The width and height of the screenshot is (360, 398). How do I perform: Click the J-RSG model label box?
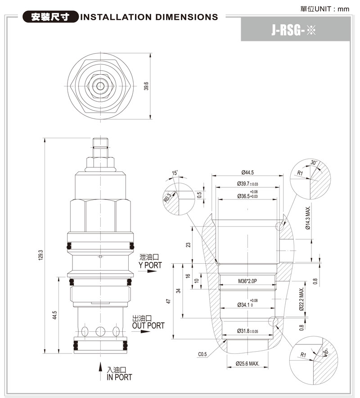(x=295, y=31)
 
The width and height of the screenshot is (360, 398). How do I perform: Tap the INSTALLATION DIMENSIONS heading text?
(x=148, y=18)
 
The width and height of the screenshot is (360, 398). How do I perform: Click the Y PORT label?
(x=150, y=265)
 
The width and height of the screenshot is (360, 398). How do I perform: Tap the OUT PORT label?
(x=148, y=325)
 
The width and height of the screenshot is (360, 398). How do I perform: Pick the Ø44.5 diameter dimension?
(x=247, y=172)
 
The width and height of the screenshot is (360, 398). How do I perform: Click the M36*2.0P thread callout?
(x=247, y=281)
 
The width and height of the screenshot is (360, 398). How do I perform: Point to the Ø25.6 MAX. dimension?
(x=247, y=364)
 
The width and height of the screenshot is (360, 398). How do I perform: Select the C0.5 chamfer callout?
(x=202, y=354)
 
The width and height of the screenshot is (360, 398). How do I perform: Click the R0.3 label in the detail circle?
(x=167, y=197)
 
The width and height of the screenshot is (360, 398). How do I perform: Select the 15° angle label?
(x=175, y=173)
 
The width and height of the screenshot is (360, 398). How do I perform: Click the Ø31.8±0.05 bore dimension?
(x=247, y=331)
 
